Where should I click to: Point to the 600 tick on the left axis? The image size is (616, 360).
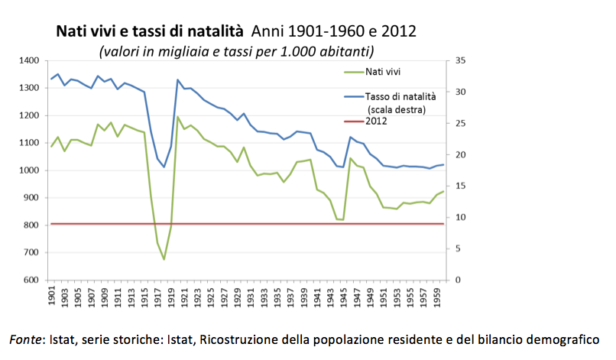click(x=31, y=281)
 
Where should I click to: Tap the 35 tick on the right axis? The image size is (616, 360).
click(x=459, y=60)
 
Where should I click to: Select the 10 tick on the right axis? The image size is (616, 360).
click(x=459, y=218)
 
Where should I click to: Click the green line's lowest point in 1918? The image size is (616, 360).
click(x=164, y=259)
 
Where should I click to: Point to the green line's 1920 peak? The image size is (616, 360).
click(x=178, y=117)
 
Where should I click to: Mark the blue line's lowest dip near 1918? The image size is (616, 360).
click(x=164, y=167)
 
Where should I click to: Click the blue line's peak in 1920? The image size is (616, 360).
click(x=178, y=79)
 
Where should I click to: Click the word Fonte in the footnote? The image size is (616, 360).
click(x=25, y=338)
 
